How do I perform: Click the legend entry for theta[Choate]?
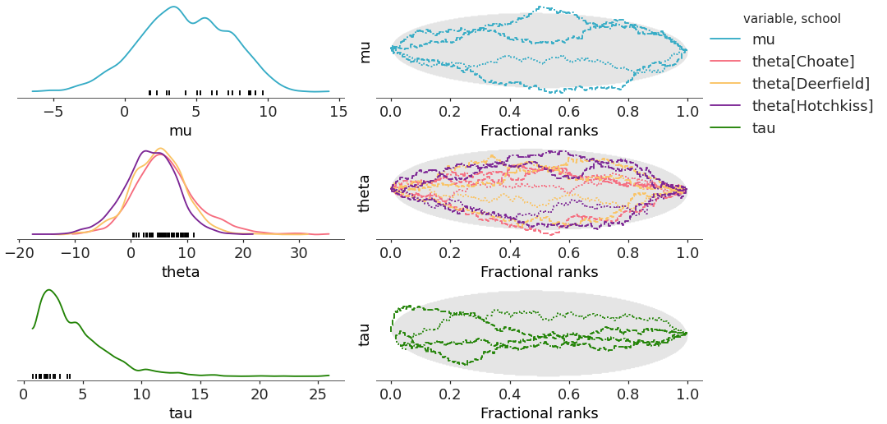coord(802,62)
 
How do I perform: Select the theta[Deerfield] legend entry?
coord(811,84)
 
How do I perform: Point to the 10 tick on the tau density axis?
coord(141,394)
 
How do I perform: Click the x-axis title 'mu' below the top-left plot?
coord(181,131)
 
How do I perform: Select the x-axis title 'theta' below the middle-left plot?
coord(181,272)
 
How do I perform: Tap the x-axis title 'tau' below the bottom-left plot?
coord(181,413)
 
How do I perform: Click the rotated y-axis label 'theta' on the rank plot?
coord(365,194)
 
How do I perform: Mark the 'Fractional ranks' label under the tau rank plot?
coord(539,413)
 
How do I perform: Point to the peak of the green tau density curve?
coord(48,290)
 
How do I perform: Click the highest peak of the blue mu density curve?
coord(173,7)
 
